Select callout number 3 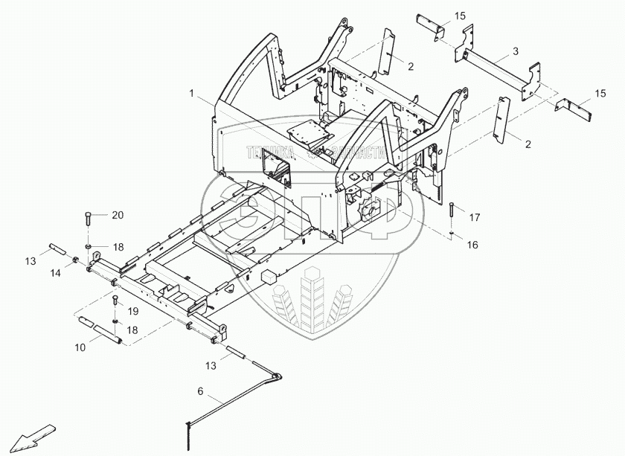pos(515,52)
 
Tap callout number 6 pos(200,391)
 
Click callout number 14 pos(56,274)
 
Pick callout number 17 pos(475,217)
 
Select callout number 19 pos(133,311)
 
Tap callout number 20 pos(118,216)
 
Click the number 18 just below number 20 pos(118,246)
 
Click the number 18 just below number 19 pos(133,330)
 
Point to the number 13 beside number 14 pos(31,260)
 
